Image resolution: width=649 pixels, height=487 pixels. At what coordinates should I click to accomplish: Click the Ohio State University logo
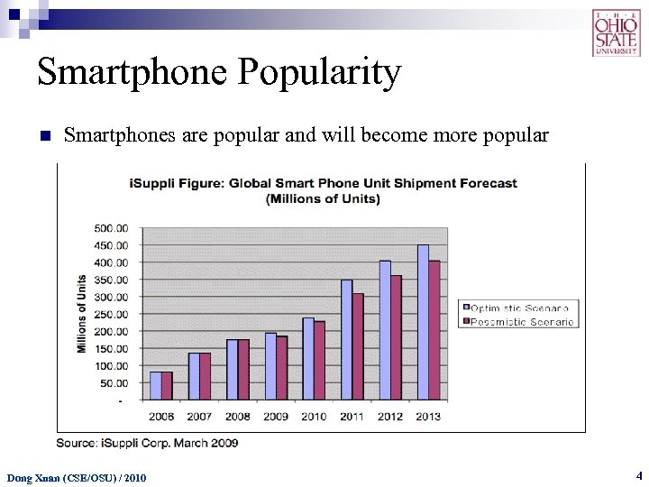(x=617, y=32)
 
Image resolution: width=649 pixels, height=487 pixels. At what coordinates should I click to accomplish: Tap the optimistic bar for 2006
(x=155, y=385)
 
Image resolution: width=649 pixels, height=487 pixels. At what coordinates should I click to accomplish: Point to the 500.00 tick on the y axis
(x=112, y=228)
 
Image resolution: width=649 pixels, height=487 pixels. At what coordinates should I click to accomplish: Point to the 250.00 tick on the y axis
(x=112, y=315)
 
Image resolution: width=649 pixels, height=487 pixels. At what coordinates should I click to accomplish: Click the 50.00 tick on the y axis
(x=114, y=383)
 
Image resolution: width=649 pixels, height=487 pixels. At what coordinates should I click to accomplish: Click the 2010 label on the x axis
(x=314, y=417)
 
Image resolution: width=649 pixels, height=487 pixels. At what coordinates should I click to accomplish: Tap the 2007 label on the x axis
(x=200, y=417)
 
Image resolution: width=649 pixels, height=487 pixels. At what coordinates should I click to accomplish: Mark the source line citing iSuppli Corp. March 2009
(x=147, y=443)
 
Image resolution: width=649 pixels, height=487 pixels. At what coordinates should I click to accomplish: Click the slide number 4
(x=638, y=474)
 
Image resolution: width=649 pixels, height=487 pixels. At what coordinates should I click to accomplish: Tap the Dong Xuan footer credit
(x=77, y=477)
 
